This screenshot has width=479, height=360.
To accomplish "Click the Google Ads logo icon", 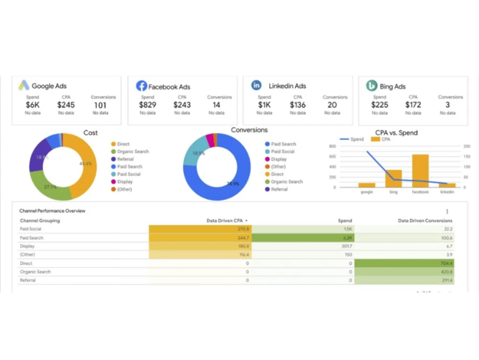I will pyautogui.click(x=24, y=86).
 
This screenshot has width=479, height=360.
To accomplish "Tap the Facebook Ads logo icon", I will pyautogui.click(x=141, y=86).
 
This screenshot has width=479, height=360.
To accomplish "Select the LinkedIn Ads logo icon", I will pyautogui.click(x=256, y=85).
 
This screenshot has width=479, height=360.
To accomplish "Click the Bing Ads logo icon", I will pyautogui.click(x=372, y=86).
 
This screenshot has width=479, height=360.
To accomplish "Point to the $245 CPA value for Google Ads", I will pyautogui.click(x=66, y=105).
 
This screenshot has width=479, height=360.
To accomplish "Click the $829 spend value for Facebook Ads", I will pyautogui.click(x=148, y=105).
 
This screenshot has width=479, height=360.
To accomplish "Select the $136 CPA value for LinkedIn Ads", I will pyautogui.click(x=298, y=105).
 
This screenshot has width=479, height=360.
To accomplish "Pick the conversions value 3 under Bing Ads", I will pyautogui.click(x=447, y=105).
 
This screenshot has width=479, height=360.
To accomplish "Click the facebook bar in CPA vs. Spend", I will pyautogui.click(x=420, y=171).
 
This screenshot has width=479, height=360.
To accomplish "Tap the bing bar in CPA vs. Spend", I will pyautogui.click(x=394, y=178).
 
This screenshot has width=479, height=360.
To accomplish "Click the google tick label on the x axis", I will pyautogui.click(x=366, y=192).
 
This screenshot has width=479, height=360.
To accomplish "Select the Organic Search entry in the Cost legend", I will pyautogui.click(x=133, y=151).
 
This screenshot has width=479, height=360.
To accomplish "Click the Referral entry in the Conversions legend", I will pyautogui.click(x=279, y=189).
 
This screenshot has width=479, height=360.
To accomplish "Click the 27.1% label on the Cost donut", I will pyautogui.click(x=50, y=187).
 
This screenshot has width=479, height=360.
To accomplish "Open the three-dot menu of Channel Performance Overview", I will pyautogui.click(x=447, y=211).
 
